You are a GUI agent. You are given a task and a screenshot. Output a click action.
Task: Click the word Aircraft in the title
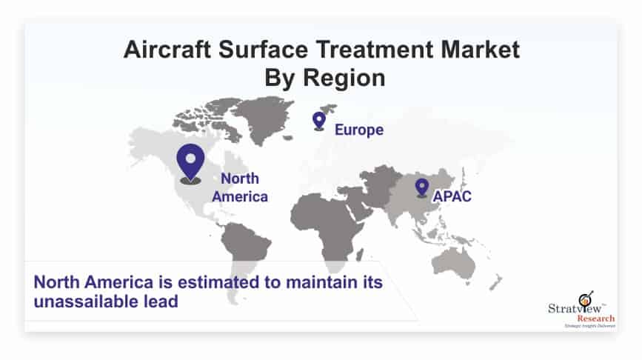coord(167,50)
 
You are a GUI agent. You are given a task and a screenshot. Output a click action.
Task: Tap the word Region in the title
coord(344,78)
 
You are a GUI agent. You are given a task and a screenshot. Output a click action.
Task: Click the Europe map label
coord(359,130)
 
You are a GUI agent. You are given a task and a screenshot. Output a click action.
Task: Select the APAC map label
coord(452,196)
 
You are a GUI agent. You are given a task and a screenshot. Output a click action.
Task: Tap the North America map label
coord(240,187)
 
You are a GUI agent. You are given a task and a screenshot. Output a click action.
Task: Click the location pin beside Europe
coord(319,121)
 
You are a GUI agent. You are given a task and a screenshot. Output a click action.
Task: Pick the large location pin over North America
coord(190,163)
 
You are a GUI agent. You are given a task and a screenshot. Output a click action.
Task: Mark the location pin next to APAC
coord(422,188)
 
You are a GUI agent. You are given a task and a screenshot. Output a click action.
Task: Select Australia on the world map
coord(454,262)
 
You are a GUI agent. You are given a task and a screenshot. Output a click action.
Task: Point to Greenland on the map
coord(264,119)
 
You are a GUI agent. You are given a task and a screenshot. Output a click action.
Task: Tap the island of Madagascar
coord(359,256)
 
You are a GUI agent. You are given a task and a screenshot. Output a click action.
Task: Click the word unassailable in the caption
coord(87,301)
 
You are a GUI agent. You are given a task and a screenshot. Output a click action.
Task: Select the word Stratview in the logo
coord(575,308)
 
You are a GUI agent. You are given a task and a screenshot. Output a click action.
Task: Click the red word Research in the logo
coord(596,319)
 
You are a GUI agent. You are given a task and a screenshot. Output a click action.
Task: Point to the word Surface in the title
coord(263,50)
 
